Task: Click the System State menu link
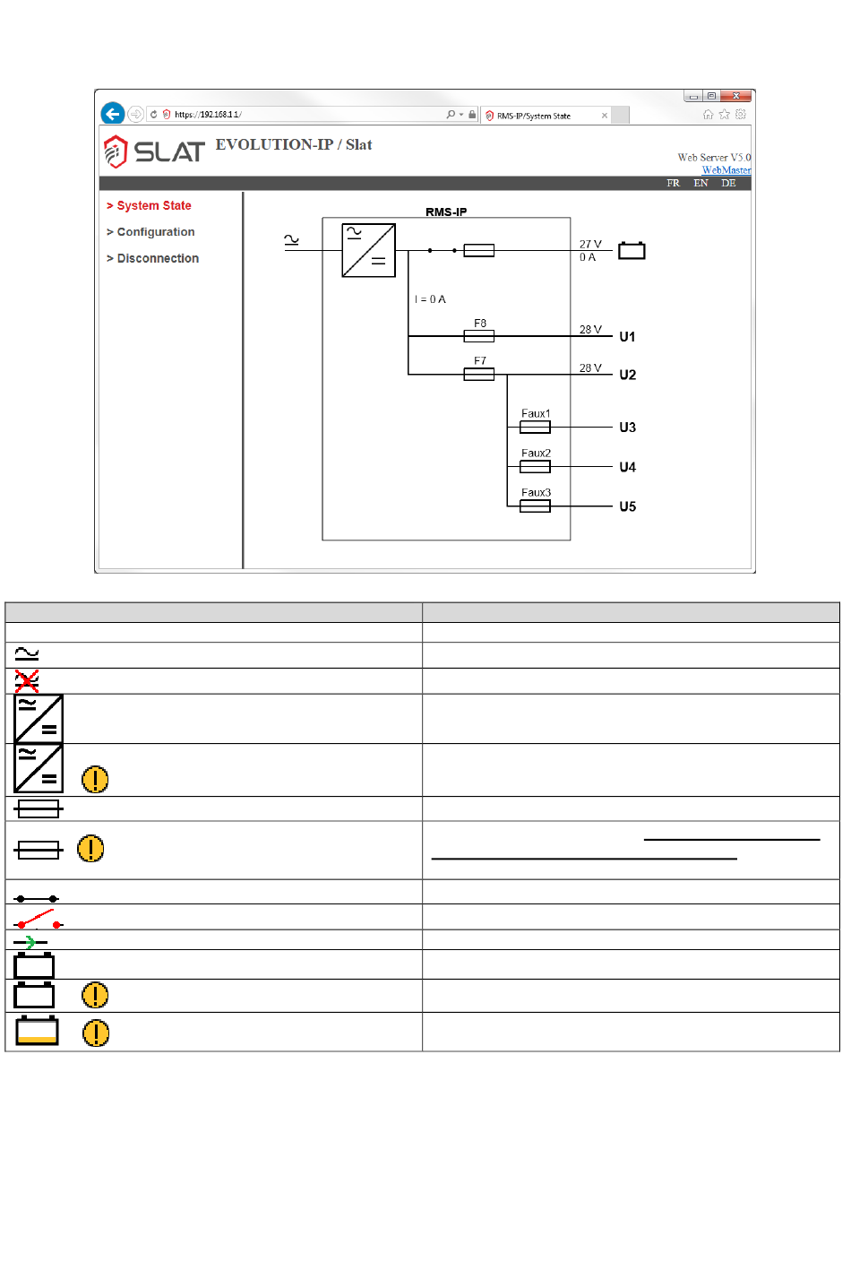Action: coord(149,205)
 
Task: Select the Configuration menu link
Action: coord(150,232)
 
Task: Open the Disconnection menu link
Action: coord(152,259)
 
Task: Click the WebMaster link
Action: coord(726,170)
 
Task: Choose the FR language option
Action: coord(673,183)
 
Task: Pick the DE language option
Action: coord(728,183)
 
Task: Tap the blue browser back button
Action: coord(113,114)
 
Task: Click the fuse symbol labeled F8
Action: coord(478,336)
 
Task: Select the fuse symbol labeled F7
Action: coord(478,374)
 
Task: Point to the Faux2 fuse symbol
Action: coord(535,466)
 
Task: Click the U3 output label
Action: coord(627,428)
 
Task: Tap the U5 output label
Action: coord(627,506)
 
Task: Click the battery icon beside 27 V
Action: coord(632,250)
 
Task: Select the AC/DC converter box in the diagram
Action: coord(369,250)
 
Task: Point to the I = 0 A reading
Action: coord(430,299)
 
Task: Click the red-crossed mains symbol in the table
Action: coord(27,681)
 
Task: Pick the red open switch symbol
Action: coord(39,919)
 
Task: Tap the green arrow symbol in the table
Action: coord(30,941)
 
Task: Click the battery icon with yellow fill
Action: coord(37,1031)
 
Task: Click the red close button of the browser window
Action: coord(735,96)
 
